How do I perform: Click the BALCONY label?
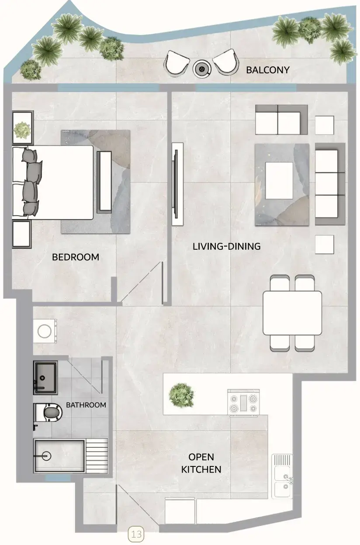pyautogui.click(x=268, y=70)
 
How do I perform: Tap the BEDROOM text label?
pyautogui.click(x=76, y=257)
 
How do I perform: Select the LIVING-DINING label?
pyautogui.click(x=227, y=246)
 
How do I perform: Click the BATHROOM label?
pyautogui.click(x=86, y=405)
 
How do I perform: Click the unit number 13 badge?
pyautogui.click(x=136, y=534)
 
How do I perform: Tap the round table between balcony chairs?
pyautogui.click(x=202, y=69)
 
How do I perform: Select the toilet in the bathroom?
pyautogui.click(x=48, y=413)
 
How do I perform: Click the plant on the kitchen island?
pyautogui.click(x=182, y=395)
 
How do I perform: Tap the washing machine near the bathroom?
pyautogui.click(x=45, y=331)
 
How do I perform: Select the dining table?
pyautogui.click(x=292, y=313)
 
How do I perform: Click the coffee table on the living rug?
pyautogui.click(x=279, y=180)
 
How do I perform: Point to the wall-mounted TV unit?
pyautogui.click(x=177, y=184)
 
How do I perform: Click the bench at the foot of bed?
pyautogui.click(x=104, y=182)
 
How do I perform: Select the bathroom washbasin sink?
pyautogui.click(x=45, y=378)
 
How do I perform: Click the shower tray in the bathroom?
pyautogui.click(x=59, y=456)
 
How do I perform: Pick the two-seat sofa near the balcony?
pyautogui.click(x=281, y=120)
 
